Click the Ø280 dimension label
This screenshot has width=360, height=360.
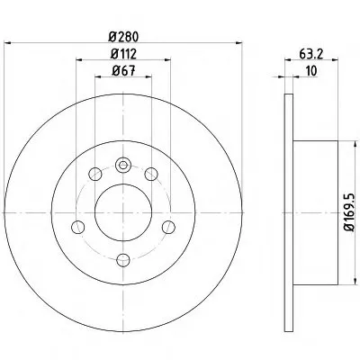123,37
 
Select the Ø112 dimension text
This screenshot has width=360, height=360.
123,54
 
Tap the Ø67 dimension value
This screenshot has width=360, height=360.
123,71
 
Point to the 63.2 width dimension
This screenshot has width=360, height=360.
310,54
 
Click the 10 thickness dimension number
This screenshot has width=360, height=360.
311,71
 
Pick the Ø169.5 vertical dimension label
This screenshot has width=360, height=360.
350,212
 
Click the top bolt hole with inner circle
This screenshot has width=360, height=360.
123,165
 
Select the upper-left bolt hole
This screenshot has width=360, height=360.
95,174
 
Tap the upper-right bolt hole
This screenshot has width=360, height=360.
151,174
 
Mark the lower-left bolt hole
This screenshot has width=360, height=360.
78,227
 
